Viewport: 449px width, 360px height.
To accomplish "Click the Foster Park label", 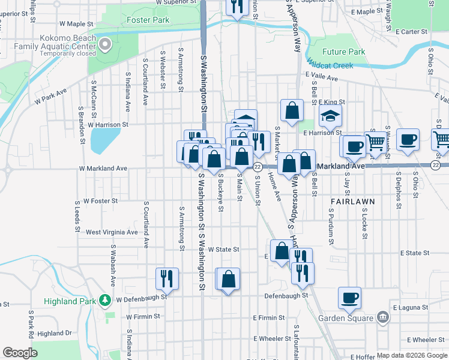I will tap(148, 20).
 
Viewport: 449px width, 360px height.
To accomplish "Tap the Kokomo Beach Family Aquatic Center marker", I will tap(106, 44).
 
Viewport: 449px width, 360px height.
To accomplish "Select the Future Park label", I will tap(343, 52).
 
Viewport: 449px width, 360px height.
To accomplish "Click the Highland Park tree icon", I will tap(106, 299).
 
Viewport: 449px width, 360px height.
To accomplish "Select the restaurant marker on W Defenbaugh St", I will tap(166, 278).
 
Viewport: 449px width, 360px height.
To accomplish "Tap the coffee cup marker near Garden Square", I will tap(349, 297).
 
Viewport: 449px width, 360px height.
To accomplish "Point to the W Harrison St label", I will tap(108, 125).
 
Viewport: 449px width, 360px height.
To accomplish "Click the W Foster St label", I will tap(100, 201).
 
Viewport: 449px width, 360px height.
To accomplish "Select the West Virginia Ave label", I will tap(112, 232).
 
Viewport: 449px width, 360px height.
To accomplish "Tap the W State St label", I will tap(223, 249).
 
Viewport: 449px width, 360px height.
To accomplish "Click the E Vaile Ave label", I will tap(321, 76).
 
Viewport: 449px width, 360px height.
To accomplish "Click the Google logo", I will tap(20, 353).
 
